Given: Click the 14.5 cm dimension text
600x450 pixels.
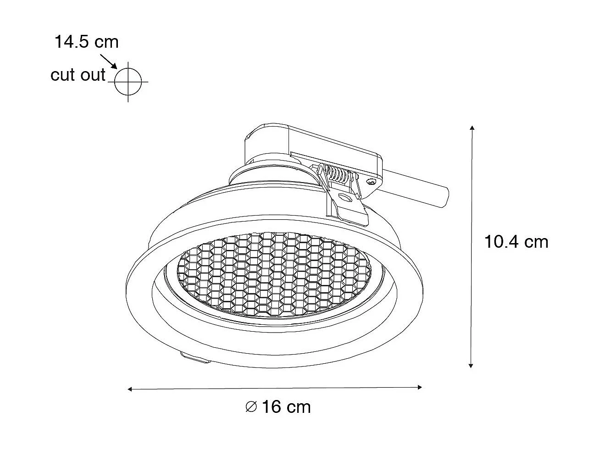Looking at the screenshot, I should pos(86,42).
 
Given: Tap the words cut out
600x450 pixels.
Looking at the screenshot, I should pos(78,74).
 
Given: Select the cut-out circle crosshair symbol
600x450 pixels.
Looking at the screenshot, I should pos(128,82).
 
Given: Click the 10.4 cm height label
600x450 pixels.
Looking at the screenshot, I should pos(516,241).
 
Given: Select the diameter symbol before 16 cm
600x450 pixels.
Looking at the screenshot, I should pos(250,406).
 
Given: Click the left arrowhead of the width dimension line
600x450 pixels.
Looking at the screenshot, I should pos(130,389).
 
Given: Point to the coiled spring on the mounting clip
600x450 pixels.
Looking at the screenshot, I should pos(340,174).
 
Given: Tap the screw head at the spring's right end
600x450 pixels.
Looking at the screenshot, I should pos(371,183).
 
